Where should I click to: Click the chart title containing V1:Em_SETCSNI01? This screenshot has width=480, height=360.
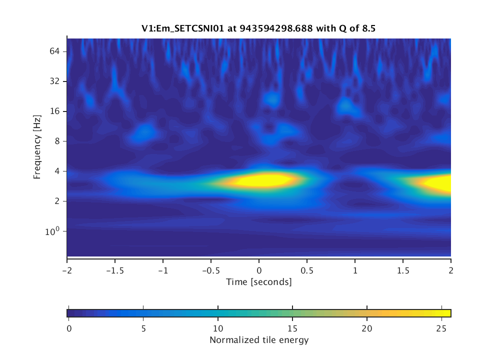[x=258, y=28]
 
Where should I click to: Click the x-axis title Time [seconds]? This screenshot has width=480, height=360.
[x=258, y=282]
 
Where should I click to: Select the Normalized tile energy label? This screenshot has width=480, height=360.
[x=258, y=340]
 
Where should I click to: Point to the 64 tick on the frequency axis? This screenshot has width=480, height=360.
[x=55, y=51]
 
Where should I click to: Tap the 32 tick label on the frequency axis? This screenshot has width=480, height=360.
[x=55, y=81]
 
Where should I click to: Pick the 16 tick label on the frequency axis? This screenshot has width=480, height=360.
[x=55, y=111]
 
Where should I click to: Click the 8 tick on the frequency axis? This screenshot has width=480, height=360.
[x=57, y=141]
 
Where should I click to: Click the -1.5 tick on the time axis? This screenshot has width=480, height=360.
[x=114, y=269]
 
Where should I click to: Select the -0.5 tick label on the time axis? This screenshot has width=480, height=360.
[x=210, y=269]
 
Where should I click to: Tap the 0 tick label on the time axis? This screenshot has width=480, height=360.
[x=259, y=269]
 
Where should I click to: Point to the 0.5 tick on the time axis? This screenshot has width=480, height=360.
[x=307, y=269]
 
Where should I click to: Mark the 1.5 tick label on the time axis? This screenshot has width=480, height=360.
[x=403, y=269]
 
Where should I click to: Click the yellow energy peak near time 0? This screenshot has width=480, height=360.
[x=260, y=180]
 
